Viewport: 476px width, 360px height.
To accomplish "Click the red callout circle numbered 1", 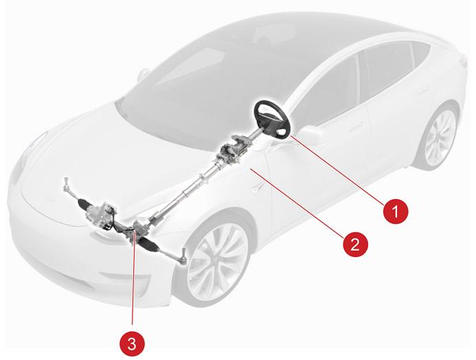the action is [396, 211].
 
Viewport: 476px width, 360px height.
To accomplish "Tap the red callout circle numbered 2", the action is [355, 244].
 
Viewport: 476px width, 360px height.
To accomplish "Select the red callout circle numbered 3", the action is [132, 344].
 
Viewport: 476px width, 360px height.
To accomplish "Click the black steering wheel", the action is [272, 120].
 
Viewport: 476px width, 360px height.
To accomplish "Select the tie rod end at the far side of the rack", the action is [67, 186].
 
